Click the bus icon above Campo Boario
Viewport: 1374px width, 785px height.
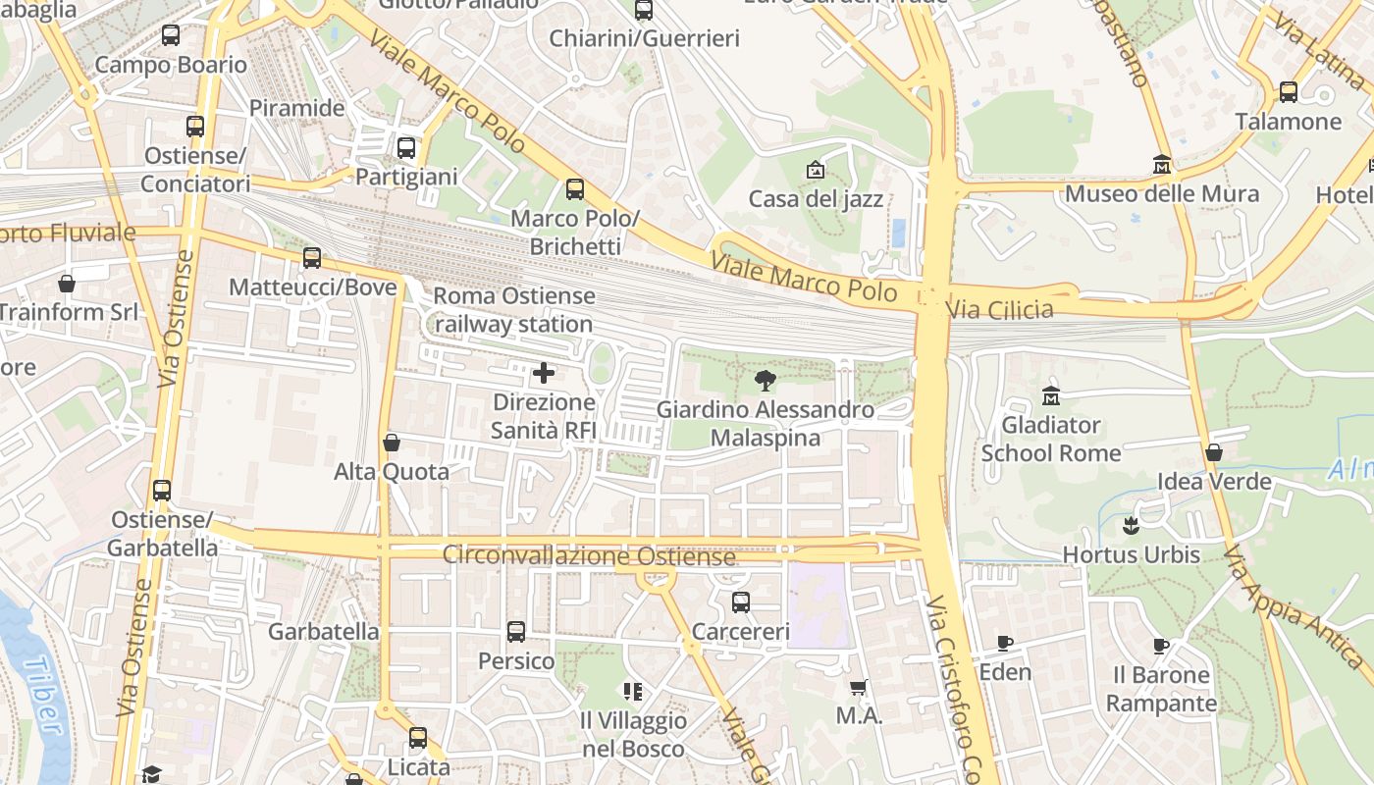171,35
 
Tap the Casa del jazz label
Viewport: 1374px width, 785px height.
816,199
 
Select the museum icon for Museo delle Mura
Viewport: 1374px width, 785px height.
1162,164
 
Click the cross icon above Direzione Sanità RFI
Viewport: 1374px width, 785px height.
543,373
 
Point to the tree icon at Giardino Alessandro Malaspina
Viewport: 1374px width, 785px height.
765,380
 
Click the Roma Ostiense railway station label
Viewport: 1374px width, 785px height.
514,309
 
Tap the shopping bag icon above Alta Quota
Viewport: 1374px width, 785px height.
392,443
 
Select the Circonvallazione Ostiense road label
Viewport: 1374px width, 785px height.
589,555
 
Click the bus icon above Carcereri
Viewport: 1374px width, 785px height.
741,602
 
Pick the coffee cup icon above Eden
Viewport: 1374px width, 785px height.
1005,643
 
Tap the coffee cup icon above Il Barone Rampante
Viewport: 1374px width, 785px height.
1161,646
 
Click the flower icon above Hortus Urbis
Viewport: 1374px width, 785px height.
1132,525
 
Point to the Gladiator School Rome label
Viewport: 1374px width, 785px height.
1050,439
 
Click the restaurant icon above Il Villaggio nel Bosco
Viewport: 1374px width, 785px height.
633,692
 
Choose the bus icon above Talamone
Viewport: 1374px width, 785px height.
1289,92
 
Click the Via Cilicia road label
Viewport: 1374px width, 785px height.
999,310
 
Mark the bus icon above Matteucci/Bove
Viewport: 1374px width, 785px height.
312,258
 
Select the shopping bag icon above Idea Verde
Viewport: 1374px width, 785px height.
1214,452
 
